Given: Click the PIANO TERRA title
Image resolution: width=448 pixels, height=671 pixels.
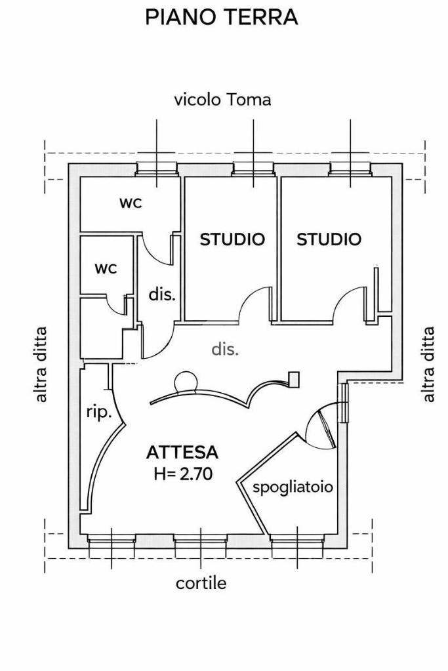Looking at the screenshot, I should coord(222,18).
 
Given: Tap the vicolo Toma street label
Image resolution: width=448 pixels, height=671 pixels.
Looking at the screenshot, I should coord(222,100).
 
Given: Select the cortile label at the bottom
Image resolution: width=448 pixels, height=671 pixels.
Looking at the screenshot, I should coord(201,583).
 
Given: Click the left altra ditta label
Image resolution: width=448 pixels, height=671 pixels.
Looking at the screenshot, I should coord(41,364).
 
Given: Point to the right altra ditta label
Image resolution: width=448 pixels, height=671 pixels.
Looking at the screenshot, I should coord(429,364).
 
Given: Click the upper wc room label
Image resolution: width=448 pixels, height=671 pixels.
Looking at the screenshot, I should coord(131,203).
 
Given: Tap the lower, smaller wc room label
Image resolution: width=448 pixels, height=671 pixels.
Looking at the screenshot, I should coord(106,268).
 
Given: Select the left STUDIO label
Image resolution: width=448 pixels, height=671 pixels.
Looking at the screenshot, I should coord(232,239).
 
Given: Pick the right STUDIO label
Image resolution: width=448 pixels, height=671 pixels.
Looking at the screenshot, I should coord(329,239).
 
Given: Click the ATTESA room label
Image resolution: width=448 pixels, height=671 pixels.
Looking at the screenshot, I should coord(182,452).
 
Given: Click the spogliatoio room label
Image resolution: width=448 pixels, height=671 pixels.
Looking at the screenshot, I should coord(293,487).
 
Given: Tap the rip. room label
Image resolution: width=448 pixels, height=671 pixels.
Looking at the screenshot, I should coord(98,413).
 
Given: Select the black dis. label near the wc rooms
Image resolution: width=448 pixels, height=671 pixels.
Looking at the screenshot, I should coord(161,295).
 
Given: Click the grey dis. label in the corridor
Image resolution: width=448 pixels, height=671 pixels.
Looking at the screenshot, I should coord(225,350).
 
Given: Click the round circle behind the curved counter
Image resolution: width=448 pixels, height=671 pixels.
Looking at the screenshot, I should coord(186,381).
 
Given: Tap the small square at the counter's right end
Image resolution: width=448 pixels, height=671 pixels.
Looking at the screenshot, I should coord(294,378).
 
